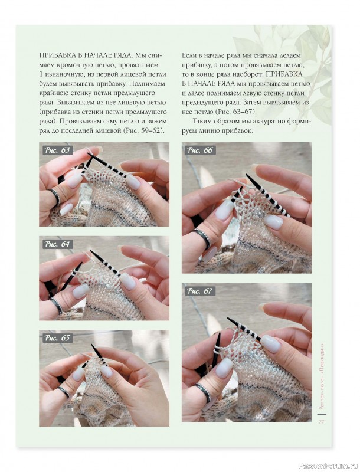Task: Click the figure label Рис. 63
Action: (57, 150)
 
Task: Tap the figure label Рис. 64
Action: (57, 244)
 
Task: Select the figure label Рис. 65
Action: (57, 338)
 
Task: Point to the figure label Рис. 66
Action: (200, 150)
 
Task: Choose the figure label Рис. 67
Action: (200, 291)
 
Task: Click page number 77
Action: (321, 422)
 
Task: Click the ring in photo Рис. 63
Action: (55, 196)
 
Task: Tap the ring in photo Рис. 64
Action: (56, 305)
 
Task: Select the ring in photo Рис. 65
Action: (64, 392)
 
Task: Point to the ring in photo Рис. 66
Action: (202, 238)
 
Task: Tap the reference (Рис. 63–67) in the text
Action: (235, 112)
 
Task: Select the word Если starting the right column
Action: (189, 55)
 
